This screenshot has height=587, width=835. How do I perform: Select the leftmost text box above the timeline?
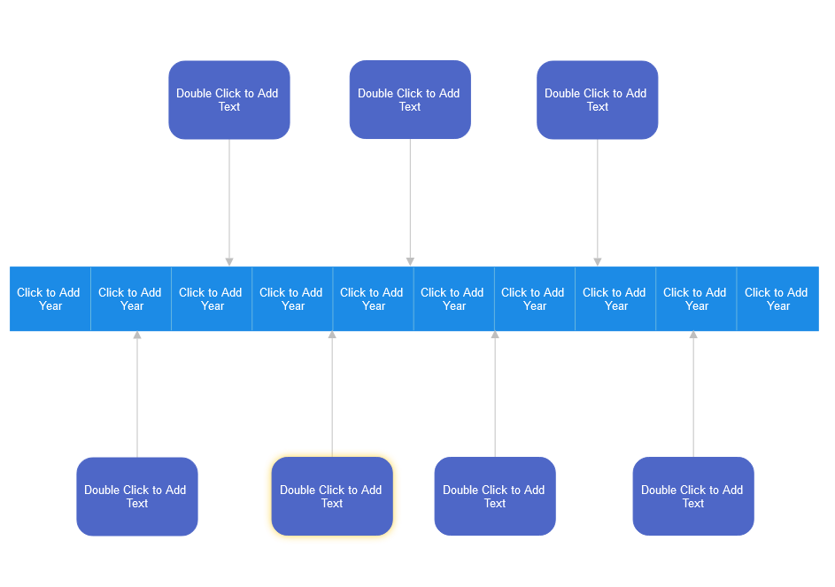(x=229, y=100)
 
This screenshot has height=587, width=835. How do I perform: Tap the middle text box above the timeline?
(x=410, y=100)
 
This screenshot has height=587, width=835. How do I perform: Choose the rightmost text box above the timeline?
(x=598, y=100)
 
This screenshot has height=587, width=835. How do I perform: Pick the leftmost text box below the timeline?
(x=137, y=497)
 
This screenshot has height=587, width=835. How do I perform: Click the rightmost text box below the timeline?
(x=693, y=497)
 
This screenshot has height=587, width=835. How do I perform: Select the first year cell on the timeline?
(x=50, y=299)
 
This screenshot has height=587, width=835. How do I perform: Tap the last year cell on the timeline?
(x=777, y=299)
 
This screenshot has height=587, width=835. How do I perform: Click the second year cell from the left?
(x=131, y=299)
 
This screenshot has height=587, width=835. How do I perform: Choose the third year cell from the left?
(x=212, y=299)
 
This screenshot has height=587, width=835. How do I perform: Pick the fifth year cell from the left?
(x=373, y=299)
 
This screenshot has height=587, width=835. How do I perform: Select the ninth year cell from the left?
(x=696, y=299)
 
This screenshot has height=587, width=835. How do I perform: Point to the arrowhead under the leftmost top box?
(x=229, y=262)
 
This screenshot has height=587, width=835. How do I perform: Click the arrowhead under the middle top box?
(x=410, y=262)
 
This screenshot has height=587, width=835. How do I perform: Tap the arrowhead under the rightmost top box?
(x=598, y=262)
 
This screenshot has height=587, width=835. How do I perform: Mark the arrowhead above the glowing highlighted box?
(x=332, y=336)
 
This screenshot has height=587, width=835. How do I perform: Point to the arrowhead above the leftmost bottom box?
(x=137, y=336)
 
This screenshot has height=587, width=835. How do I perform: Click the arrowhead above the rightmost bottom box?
(x=693, y=336)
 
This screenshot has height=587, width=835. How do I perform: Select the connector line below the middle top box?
(x=410, y=199)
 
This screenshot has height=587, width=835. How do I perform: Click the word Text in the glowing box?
(x=332, y=504)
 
